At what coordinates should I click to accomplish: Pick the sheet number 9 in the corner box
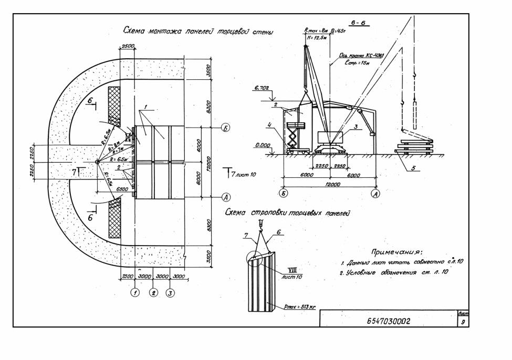pos(463,322)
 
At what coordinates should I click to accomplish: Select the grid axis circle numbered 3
pos(170,293)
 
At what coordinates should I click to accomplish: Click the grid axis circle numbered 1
pos(135,293)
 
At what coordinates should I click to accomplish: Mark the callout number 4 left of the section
pos(268,125)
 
